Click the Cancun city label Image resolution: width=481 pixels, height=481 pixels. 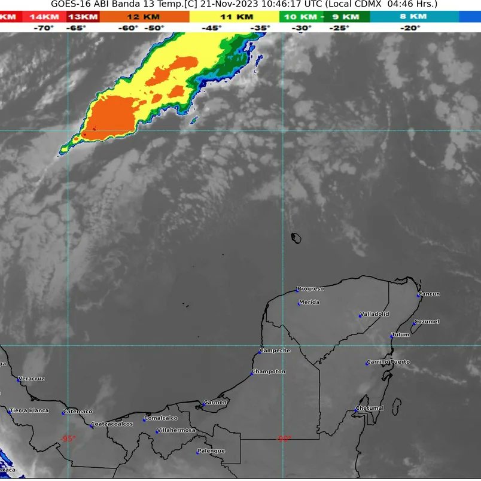point(430,294)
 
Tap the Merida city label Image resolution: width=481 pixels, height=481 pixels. point(309,302)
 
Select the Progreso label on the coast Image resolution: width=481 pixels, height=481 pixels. point(310,289)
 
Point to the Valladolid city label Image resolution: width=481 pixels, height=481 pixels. point(375,314)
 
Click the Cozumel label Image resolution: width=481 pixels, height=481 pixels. point(427,322)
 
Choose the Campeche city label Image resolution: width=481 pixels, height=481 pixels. point(276,351)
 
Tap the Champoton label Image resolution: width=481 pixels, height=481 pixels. point(269,372)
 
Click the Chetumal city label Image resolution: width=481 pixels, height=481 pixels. point(370,409)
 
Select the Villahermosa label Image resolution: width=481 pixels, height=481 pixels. point(176,430)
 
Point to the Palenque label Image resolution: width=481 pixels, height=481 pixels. point(212,450)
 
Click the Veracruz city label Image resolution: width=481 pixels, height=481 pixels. point(32,379)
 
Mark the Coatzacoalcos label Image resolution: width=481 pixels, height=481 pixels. point(112,424)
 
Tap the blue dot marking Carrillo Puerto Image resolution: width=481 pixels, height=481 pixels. point(367,364)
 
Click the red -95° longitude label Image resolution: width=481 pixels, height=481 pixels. point(68,439)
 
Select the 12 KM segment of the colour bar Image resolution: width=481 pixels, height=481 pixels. point(144,17)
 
